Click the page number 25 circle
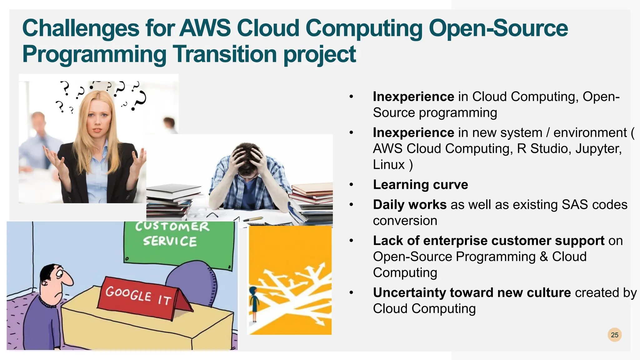coord(614,335)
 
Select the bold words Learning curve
coord(420,185)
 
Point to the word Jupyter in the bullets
coord(598,149)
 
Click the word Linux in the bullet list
coord(389,165)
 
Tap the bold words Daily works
coord(410,205)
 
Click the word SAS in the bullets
coord(575,205)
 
